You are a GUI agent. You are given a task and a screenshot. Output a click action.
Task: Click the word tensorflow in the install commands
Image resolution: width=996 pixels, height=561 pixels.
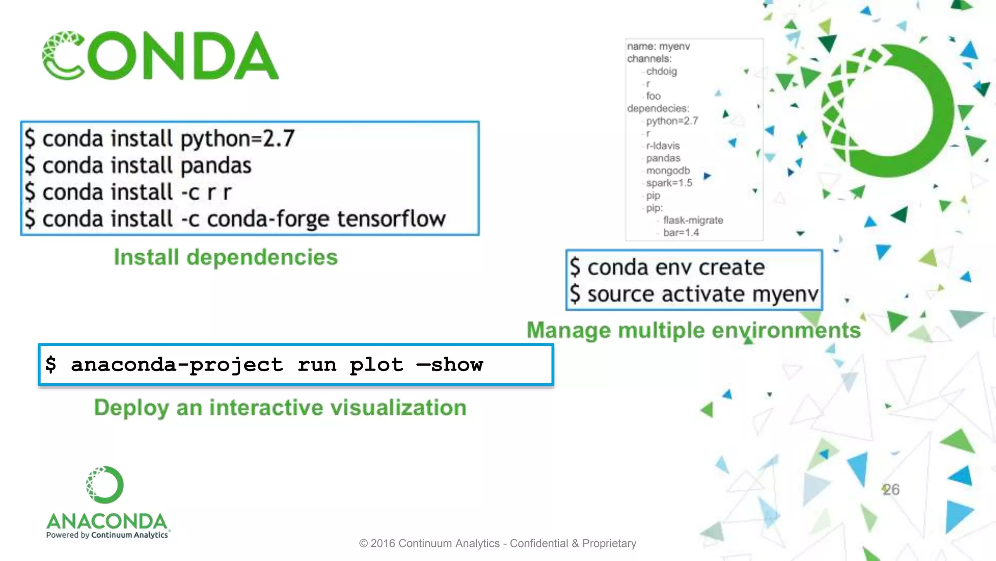pyautogui.click(x=391, y=219)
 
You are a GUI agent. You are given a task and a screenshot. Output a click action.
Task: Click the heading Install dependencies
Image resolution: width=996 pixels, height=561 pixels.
pyautogui.click(x=226, y=257)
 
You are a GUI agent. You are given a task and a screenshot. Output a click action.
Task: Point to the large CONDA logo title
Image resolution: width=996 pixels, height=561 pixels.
pyautogui.click(x=160, y=56)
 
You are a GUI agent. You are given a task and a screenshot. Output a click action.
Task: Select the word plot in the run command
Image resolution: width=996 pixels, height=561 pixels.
pyautogui.click(x=376, y=365)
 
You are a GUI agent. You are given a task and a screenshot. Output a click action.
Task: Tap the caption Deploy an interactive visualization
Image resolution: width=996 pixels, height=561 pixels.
pyautogui.click(x=280, y=408)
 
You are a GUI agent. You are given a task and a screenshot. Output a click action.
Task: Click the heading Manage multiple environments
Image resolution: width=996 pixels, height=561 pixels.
pyautogui.click(x=694, y=330)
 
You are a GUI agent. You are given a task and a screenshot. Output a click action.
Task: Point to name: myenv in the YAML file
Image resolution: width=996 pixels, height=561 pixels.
pyautogui.click(x=658, y=46)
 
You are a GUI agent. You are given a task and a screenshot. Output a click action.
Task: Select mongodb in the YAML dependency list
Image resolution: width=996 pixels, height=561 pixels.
pyautogui.click(x=668, y=170)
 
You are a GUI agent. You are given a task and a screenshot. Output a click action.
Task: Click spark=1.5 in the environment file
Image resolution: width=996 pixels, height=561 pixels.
pyautogui.click(x=669, y=183)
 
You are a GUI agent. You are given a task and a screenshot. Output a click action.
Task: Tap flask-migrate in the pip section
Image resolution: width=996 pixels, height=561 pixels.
pyautogui.click(x=693, y=220)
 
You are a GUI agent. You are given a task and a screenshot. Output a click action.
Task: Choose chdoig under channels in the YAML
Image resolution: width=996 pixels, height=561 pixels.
pyautogui.click(x=661, y=71)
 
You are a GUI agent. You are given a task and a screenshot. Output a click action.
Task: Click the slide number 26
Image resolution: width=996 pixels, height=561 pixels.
pyautogui.click(x=890, y=489)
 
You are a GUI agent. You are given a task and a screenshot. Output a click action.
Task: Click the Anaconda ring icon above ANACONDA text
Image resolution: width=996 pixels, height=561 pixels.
pyautogui.click(x=105, y=485)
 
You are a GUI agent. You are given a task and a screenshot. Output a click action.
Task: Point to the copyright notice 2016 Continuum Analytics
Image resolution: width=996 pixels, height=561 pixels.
pyautogui.click(x=498, y=543)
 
